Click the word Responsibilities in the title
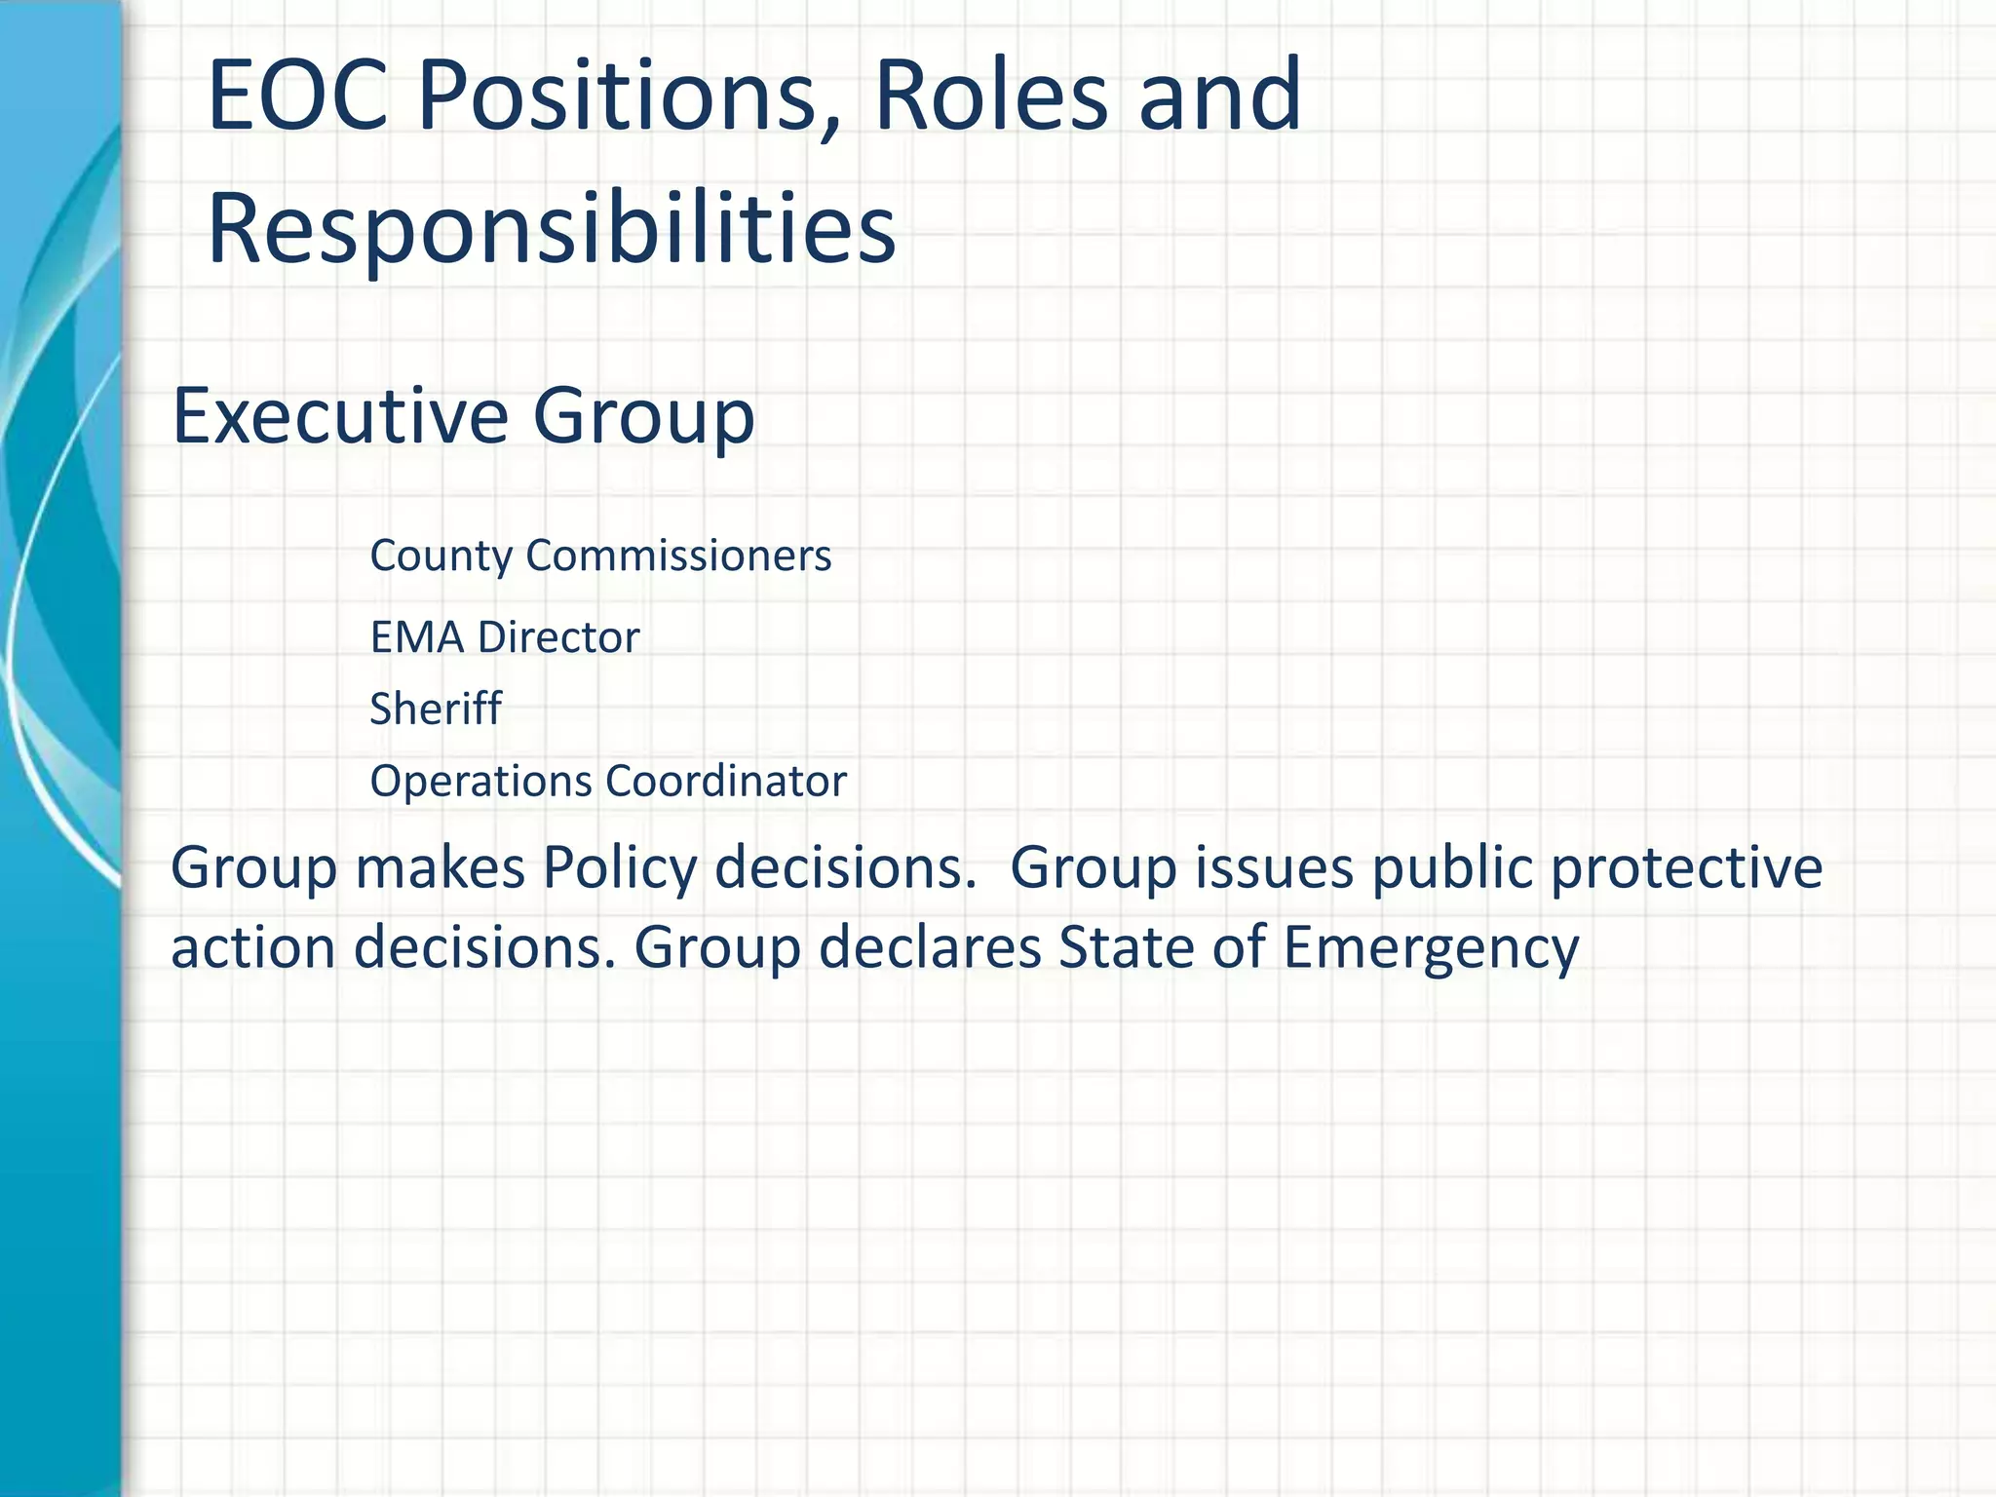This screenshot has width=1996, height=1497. (551, 229)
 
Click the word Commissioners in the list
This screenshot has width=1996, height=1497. (678, 556)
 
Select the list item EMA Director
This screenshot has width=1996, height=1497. (504, 637)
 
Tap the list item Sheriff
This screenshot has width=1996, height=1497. (435, 709)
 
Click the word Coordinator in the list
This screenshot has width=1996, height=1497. (726, 782)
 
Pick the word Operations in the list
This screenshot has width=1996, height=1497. (480, 782)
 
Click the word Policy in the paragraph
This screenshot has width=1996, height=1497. (620, 867)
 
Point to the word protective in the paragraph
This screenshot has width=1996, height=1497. (1686, 867)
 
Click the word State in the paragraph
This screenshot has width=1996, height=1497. (1126, 947)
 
